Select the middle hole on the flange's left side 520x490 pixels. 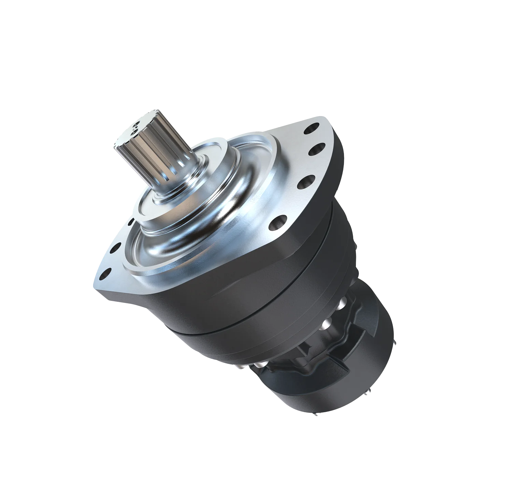[118, 247]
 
